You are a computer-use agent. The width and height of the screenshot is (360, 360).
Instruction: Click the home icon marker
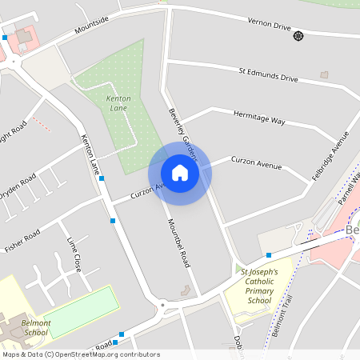pos(180,172)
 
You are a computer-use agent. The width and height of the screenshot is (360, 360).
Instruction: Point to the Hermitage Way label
pos(259,119)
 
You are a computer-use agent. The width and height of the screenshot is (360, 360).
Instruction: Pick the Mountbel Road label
pos(178,243)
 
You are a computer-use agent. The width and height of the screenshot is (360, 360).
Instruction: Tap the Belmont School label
pos(35,327)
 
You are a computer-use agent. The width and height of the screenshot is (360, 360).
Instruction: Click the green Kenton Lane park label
pos(117,102)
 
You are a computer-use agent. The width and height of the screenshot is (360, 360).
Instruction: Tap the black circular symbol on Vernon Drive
pos(298,36)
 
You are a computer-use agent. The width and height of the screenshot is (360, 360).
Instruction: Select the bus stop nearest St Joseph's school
pos(269,255)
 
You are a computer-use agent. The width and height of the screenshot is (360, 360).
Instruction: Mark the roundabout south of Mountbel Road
pos(163,304)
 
